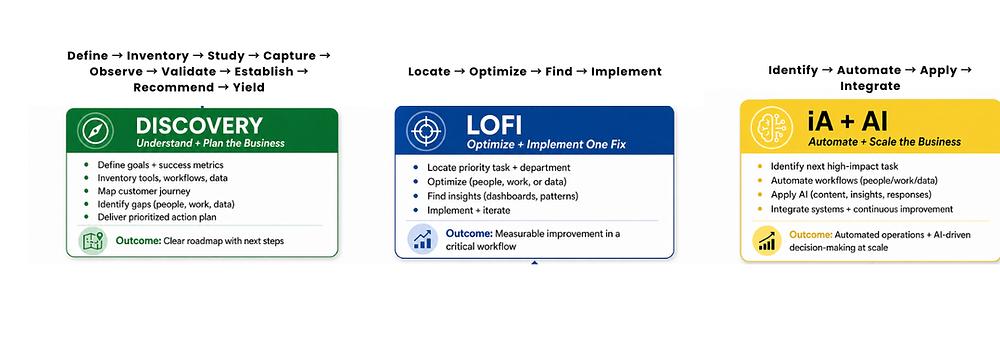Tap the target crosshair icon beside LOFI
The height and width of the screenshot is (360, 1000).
click(422, 130)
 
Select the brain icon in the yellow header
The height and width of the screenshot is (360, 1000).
click(769, 126)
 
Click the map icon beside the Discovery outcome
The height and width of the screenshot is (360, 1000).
click(92, 241)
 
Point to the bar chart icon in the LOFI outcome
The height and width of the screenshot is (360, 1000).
click(422, 239)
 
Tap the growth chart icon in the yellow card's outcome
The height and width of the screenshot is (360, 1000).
click(767, 241)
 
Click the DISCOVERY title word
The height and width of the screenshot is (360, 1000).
click(199, 125)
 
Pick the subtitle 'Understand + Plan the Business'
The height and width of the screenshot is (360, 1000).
click(210, 143)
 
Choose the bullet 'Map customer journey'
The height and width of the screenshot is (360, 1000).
click(144, 191)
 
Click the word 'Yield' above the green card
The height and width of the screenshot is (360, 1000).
click(247, 87)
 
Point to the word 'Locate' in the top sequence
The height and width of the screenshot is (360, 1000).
click(429, 71)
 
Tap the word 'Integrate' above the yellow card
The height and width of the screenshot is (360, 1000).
click(870, 86)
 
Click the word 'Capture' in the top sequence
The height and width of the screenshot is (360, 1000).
click(289, 56)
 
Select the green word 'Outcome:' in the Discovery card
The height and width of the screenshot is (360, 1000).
click(138, 241)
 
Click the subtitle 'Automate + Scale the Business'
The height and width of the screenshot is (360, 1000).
click(885, 142)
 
